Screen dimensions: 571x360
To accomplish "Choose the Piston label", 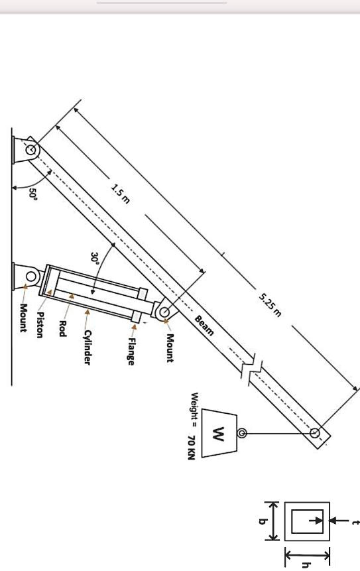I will point(40,325).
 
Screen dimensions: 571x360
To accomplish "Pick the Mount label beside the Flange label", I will point(170,348).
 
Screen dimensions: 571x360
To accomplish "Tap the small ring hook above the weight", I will point(242,434).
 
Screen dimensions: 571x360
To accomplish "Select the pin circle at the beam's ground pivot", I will point(31,150).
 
